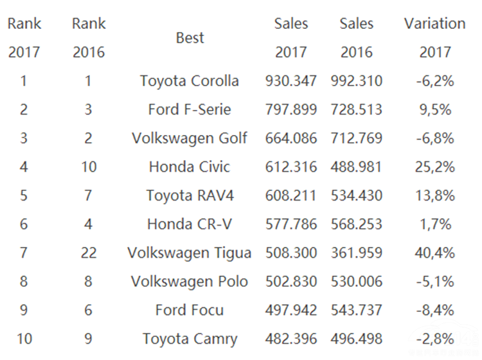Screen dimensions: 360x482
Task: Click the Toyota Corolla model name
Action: pos(189,81)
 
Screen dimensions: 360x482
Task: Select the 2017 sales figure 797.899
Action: pos(291,109)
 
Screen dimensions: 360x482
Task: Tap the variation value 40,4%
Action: pos(434,253)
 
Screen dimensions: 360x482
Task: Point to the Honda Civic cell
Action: pos(189,167)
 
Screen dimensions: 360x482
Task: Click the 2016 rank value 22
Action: pos(89,253)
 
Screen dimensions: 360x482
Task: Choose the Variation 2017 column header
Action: pos(434,37)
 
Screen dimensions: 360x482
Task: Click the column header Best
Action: pos(190,38)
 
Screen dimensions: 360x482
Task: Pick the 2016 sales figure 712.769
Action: pos(357,138)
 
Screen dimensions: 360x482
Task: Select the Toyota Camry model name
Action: pos(190,339)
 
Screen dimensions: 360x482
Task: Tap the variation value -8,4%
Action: pos(434,310)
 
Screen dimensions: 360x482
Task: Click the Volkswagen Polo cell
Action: pos(189,282)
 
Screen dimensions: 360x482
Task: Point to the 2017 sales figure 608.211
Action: pos(291,195)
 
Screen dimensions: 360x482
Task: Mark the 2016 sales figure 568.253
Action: pos(357,224)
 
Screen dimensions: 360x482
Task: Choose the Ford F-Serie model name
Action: pos(189,109)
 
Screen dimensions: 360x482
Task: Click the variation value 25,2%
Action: pos(434,167)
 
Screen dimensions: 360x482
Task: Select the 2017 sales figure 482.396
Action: pos(291,339)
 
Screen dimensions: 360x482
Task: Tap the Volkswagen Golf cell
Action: pos(189,138)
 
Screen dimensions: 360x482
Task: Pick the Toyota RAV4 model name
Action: pos(189,195)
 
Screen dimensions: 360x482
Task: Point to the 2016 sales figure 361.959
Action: pos(357,253)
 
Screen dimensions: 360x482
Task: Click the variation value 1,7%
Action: pos(434,224)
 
